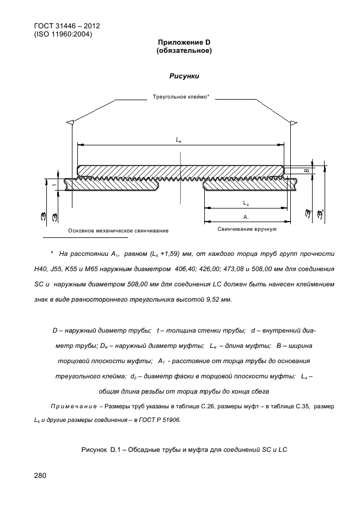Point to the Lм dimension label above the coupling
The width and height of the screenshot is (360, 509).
pyautogui.click(x=179, y=140)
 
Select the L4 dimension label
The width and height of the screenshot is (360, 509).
pyautogui.click(x=246, y=203)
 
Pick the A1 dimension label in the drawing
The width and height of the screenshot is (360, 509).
pyautogui.click(x=246, y=217)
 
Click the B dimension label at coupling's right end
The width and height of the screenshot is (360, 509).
pyautogui.click(x=306, y=171)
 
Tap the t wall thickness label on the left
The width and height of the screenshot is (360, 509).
pyautogui.click(x=54, y=185)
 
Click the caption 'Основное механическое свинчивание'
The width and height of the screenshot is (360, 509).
pyautogui.click(x=118, y=231)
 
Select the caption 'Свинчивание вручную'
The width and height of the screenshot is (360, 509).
pyautogui.click(x=247, y=229)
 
